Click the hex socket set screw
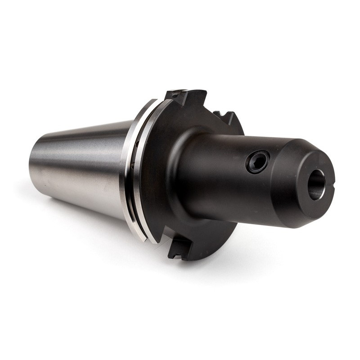[257, 162]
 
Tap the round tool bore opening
[316, 184]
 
